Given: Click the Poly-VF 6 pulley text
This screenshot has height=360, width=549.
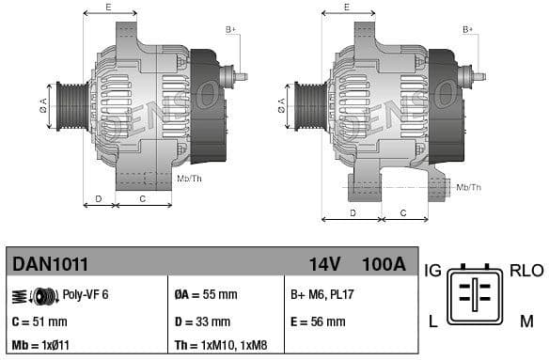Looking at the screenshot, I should (x=85, y=294).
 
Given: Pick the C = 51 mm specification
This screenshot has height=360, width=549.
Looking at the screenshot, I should (x=39, y=321).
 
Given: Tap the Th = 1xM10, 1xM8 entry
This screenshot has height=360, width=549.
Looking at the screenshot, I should (x=227, y=346).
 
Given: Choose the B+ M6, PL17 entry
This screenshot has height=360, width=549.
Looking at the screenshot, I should (x=324, y=294).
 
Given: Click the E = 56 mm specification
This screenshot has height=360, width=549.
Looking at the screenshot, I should (x=318, y=321).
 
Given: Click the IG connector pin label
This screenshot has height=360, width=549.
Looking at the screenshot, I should (x=432, y=271).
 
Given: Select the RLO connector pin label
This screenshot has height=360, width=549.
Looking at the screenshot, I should (x=526, y=271).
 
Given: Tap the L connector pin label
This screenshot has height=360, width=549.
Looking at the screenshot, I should (x=432, y=321).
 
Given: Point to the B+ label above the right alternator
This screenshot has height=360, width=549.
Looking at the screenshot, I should (x=467, y=30).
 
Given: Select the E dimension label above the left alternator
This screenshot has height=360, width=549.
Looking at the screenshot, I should (x=109, y=8).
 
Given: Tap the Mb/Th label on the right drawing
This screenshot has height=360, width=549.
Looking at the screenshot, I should (x=469, y=187).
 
